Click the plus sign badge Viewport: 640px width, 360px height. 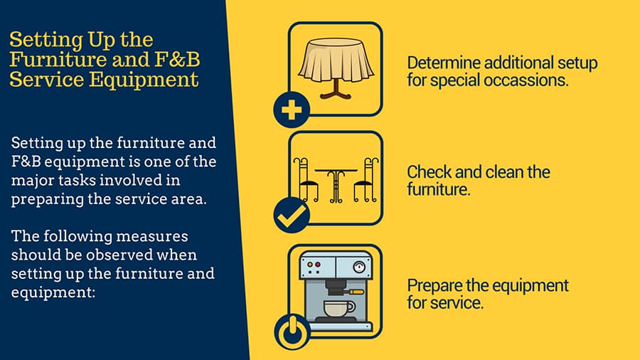pos(292,110)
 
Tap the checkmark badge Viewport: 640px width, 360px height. pos(292,215)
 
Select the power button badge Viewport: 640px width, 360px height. pos(292,332)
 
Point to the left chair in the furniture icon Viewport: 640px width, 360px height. pos(305,179)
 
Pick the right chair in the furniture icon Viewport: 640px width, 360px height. pos(366,179)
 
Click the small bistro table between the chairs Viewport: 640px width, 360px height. pos(336,185)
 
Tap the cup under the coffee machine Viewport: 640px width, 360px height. pos(339,309)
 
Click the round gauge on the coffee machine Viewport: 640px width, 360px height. pos(359,268)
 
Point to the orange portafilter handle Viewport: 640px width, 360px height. pos(357,292)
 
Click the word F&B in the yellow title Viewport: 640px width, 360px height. pos(177,60)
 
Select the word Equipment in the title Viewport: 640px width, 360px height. pos(144,80)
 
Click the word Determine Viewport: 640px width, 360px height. pos(443,63)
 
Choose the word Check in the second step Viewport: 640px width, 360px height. pos(429,172)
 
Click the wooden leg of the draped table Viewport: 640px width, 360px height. pos(336,90)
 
